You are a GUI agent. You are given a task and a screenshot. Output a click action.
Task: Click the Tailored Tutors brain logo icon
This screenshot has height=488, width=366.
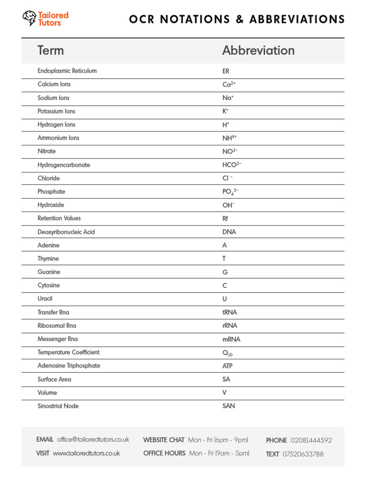click(29, 18)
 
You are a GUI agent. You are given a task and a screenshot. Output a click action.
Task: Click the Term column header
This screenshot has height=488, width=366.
click(51, 51)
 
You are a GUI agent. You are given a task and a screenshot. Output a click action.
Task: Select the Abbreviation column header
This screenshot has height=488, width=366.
click(258, 51)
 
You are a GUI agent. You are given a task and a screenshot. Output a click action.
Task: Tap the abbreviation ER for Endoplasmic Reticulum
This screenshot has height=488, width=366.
click(226, 71)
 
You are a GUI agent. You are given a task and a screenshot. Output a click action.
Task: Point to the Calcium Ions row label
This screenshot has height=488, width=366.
click(54, 84)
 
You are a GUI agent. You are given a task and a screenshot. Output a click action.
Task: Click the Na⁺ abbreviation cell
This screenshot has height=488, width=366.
click(228, 98)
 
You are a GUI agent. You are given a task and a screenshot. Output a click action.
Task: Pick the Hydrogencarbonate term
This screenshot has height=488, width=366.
click(63, 165)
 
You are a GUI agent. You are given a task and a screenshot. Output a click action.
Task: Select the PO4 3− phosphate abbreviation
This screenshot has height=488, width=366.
click(230, 192)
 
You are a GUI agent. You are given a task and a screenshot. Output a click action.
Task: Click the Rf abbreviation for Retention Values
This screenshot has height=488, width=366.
click(225, 219)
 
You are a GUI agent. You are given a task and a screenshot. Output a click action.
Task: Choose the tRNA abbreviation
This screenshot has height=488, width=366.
click(229, 313)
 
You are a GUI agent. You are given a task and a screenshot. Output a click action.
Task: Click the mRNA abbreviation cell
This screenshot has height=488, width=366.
click(231, 339)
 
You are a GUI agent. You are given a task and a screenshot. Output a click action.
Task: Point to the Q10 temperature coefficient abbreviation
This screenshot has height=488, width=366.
click(227, 353)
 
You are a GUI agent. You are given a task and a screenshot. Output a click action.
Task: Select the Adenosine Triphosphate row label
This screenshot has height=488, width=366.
click(69, 366)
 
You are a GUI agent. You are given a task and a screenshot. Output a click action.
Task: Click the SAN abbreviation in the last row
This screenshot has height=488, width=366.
click(229, 407)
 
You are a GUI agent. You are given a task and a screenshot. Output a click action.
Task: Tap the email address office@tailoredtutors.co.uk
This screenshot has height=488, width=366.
click(93, 439)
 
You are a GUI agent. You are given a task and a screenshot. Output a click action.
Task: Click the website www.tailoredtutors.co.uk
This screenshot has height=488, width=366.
click(86, 453)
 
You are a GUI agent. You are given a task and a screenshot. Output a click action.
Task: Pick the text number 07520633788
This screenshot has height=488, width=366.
click(303, 454)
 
